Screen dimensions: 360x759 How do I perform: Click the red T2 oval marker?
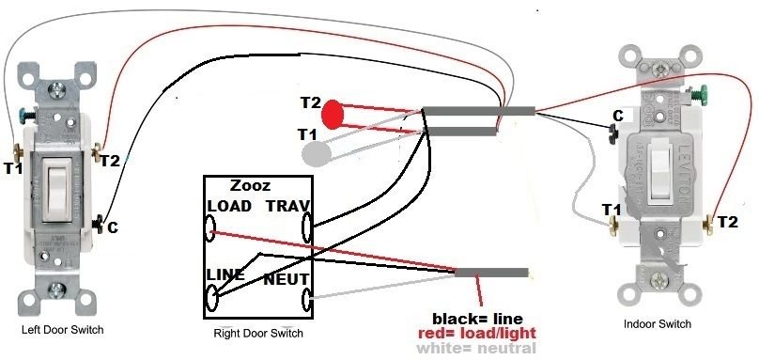pyautogui.click(x=333, y=116)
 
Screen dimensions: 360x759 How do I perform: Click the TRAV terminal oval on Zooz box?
pyautogui.click(x=306, y=227)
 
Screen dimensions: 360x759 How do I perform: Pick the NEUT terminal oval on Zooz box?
pyautogui.click(x=306, y=301)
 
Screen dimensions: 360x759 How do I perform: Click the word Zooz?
pyautogui.click(x=246, y=186)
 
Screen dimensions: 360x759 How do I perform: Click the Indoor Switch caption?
pyautogui.click(x=657, y=323)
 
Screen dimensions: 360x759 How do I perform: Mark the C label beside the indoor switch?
pyautogui.click(x=617, y=116)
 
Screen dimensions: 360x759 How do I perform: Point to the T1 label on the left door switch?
pyautogui.click(x=13, y=169)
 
